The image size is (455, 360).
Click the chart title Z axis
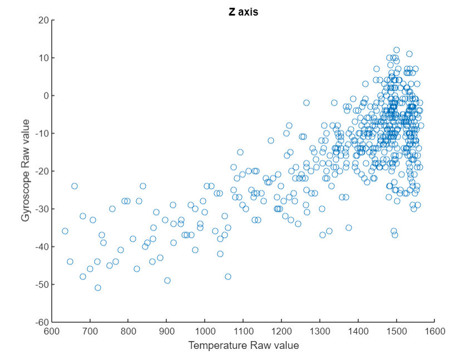click(243, 12)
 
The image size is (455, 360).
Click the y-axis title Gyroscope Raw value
click(26, 170)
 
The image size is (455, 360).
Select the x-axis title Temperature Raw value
click(243, 346)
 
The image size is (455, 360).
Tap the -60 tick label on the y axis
click(41, 322)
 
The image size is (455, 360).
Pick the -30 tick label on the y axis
click(41, 209)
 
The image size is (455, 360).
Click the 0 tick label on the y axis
click(45, 96)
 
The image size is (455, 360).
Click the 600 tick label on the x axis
click(52, 331)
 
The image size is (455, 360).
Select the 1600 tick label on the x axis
click(434, 331)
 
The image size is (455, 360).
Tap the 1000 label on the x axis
click(205, 331)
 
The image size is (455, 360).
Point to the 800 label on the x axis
click(128, 331)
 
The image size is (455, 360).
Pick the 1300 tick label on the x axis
click(319, 331)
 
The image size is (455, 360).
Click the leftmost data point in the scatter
click(65, 231)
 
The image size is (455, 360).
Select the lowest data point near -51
click(98, 288)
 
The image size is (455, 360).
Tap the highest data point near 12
click(397, 50)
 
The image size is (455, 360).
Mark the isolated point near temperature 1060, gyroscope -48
click(228, 277)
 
